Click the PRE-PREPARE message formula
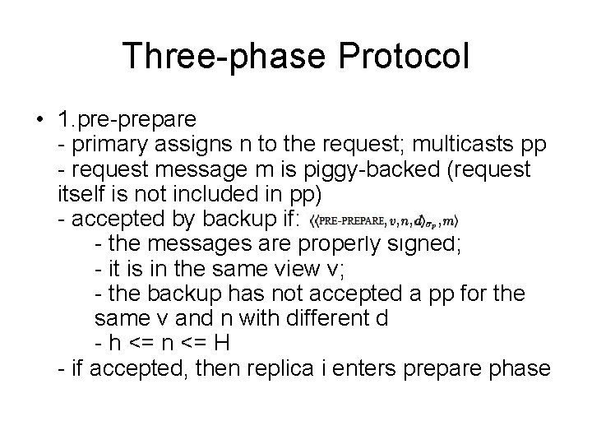click(383, 220)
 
